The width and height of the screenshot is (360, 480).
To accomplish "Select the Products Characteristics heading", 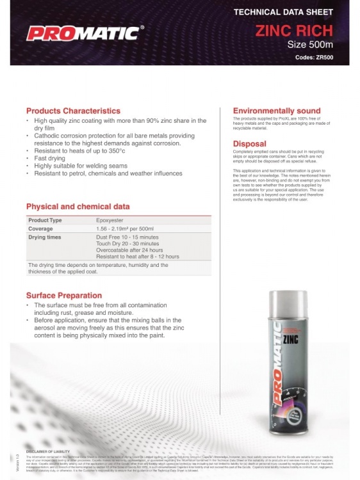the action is coord(73,111).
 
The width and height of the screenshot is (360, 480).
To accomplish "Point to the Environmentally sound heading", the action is coord(277,111).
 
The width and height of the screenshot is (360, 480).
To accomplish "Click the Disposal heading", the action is coord(250,143).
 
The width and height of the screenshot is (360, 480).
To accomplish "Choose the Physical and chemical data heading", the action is coord(78,207).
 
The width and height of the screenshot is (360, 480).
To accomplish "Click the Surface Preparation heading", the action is coord(64,295).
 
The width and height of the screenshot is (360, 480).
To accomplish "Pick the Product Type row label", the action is coord(45,220).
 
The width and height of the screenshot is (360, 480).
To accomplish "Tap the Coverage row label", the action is coord(40,228).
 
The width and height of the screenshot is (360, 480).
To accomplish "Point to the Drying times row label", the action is coord(45,237).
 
